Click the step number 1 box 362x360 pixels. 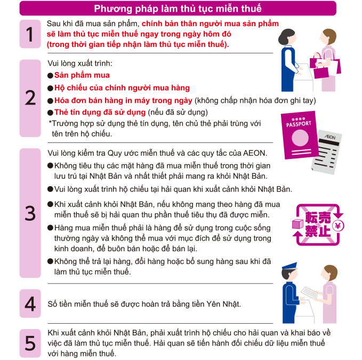click(30, 34)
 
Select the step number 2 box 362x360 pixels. click(30, 98)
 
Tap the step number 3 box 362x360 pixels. click(30, 213)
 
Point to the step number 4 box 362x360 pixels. click(30, 303)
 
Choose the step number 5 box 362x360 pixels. click(30, 343)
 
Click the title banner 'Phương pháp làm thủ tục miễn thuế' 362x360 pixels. click(178, 9)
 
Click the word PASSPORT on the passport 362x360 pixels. click(299, 124)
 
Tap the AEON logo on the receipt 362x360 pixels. click(330, 137)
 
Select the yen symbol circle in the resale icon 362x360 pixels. click(338, 226)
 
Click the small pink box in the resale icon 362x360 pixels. click(297, 224)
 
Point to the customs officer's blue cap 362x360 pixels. click(289, 266)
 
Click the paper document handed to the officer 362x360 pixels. click(309, 293)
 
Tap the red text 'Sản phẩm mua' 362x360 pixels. click(82, 75)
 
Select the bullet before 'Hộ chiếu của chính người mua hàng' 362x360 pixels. click(50, 88)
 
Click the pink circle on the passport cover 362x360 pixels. click(300, 138)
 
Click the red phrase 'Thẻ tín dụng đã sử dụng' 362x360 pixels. click(100, 112)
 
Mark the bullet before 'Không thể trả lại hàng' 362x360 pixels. click(50, 261)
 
